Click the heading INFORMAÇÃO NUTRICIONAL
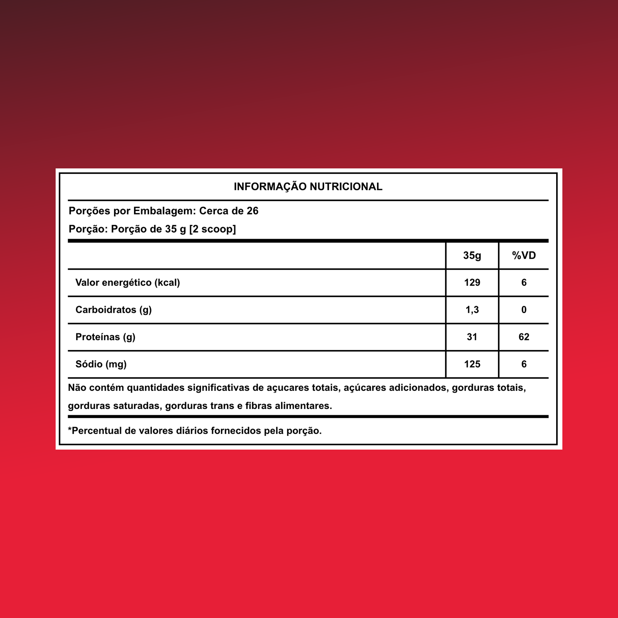point(308,187)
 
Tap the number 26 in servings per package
point(252,211)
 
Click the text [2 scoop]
point(212,229)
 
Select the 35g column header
point(472,256)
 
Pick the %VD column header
point(524,256)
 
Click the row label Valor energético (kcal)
point(127,283)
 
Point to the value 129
point(472,283)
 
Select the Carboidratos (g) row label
point(114,310)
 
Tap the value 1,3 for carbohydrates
point(472,310)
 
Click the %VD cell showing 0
point(524,310)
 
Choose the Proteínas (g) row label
point(105,337)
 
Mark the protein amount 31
point(472,337)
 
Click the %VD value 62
point(524,337)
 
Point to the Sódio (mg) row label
point(101,364)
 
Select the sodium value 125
point(472,364)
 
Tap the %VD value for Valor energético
point(524,283)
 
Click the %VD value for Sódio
point(524,364)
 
